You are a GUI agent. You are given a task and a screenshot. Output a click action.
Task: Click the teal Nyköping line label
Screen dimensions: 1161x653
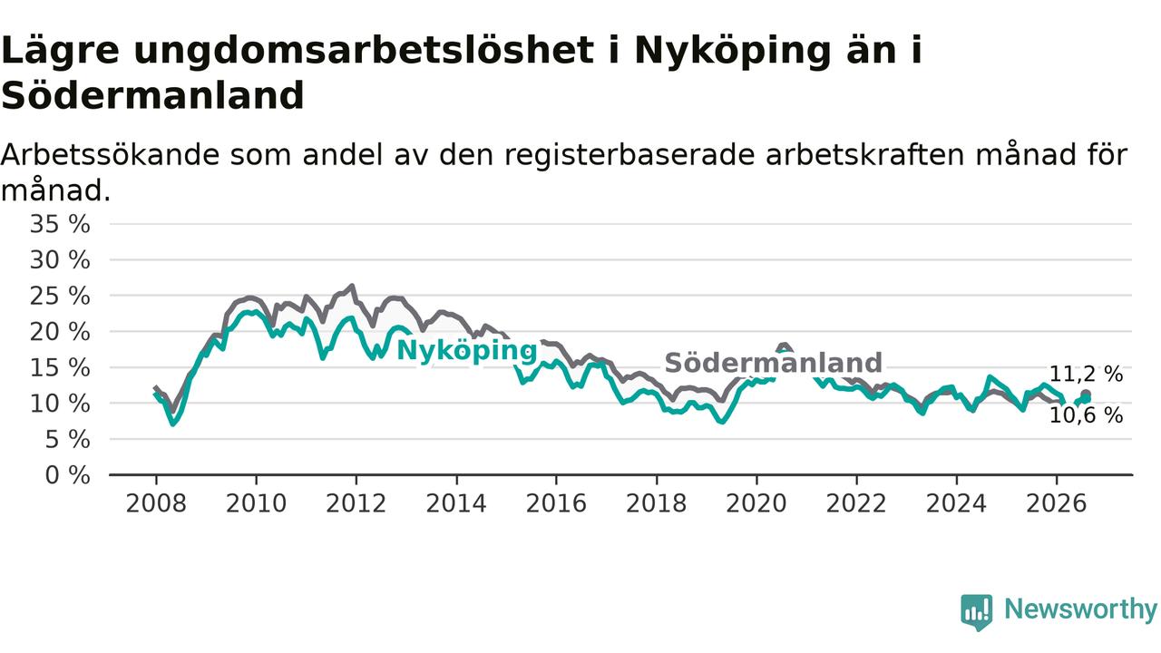click(467, 351)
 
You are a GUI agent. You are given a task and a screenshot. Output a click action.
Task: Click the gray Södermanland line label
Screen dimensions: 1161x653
click(774, 363)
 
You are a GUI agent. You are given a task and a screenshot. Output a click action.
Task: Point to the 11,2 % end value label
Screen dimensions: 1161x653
click(1086, 375)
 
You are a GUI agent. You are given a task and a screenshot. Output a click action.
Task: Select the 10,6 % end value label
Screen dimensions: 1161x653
click(1086, 415)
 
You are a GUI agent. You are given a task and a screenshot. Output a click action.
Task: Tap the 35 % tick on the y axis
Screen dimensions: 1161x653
click(60, 224)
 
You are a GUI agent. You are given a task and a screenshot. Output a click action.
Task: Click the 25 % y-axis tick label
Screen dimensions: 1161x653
click(60, 297)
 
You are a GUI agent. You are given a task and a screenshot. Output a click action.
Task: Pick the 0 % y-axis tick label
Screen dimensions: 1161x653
click(68, 475)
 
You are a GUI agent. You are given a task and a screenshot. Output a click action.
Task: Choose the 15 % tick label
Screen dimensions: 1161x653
click(60, 368)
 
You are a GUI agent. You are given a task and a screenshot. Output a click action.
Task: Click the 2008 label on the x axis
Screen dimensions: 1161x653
click(156, 503)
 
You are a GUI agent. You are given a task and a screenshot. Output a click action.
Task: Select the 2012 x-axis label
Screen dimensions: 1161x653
click(356, 503)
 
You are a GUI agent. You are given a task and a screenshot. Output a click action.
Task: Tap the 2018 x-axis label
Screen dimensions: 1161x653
click(656, 503)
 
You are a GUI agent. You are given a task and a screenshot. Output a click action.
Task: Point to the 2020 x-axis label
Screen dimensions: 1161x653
click(756, 503)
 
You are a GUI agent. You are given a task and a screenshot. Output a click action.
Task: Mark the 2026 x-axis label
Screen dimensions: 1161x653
click(1057, 503)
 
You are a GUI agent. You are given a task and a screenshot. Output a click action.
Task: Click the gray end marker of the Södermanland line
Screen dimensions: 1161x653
click(1086, 395)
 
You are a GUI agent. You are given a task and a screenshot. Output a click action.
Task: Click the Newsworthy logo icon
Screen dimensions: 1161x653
click(977, 611)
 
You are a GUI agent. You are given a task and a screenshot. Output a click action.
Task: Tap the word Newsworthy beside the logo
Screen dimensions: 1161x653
click(1080, 609)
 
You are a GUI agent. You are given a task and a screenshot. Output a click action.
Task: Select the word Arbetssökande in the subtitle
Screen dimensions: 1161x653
click(110, 155)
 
